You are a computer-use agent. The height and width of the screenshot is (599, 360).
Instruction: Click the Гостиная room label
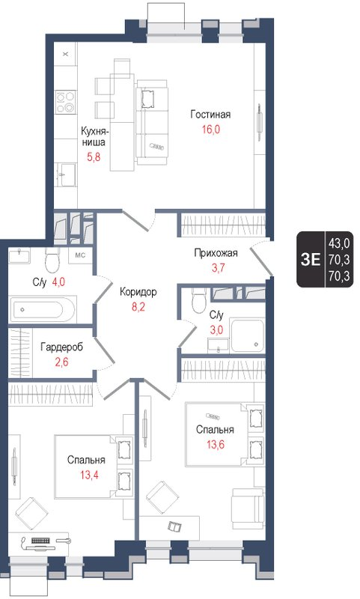(x=210, y=115)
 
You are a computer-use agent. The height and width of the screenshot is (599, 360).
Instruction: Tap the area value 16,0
(x=210, y=128)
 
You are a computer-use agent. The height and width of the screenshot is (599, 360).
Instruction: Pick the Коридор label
(x=138, y=291)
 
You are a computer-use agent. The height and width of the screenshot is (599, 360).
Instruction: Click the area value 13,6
(x=215, y=443)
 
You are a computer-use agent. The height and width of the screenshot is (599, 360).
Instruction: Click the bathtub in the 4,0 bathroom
(x=43, y=308)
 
